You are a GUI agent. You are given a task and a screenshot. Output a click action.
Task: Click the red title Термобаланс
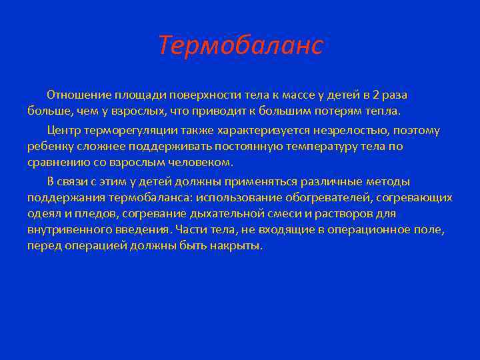click(241, 45)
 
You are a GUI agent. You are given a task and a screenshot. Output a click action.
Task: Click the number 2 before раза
click(376, 94)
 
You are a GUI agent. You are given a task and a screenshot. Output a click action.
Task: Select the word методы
click(387, 181)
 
